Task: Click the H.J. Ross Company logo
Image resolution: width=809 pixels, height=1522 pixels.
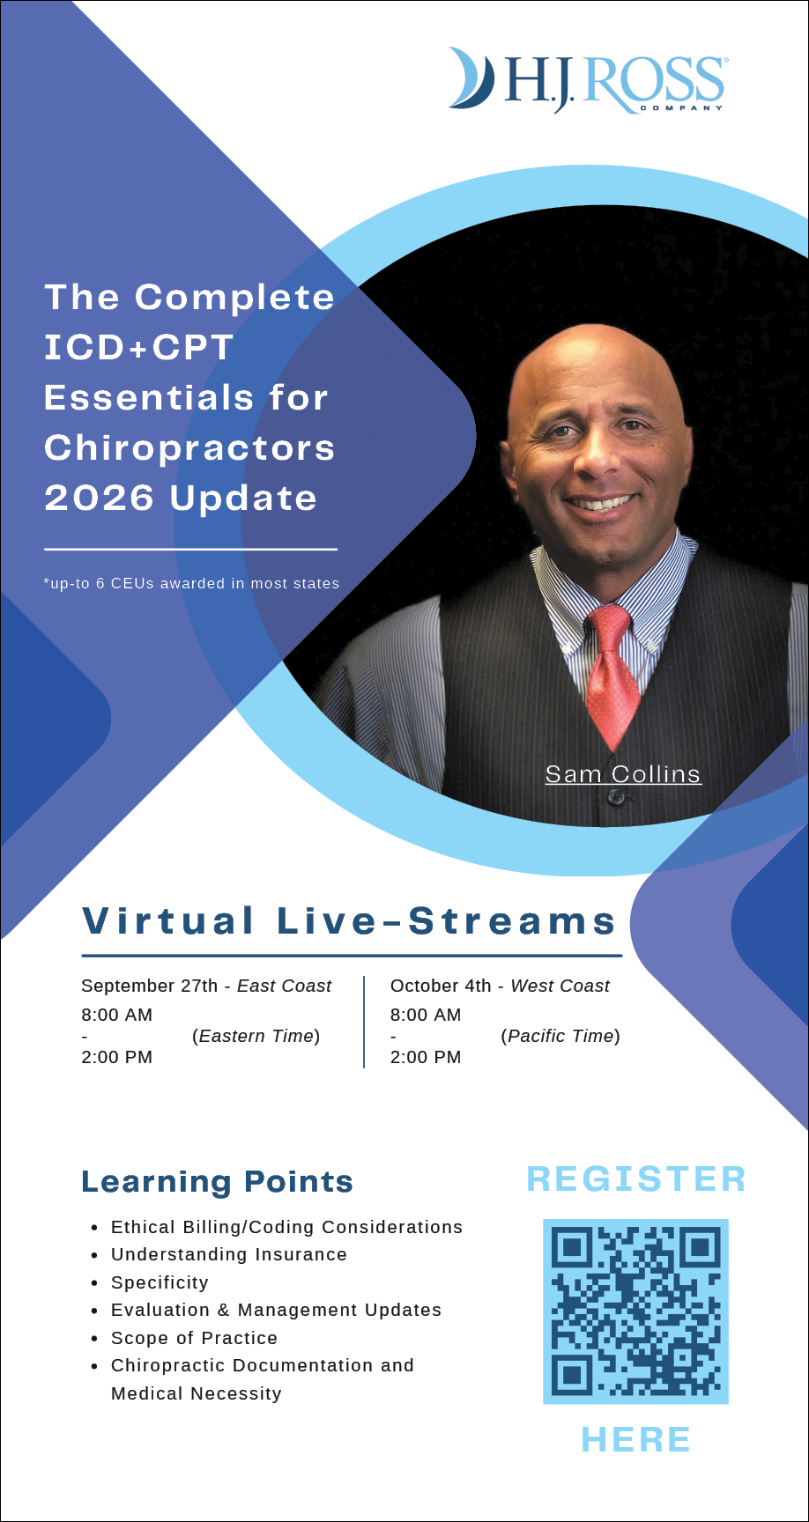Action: point(587,80)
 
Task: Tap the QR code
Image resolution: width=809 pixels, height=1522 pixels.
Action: point(635,1311)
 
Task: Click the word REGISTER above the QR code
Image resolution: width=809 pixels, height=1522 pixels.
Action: point(635,1179)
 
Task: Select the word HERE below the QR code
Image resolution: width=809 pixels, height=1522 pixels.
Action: point(635,1439)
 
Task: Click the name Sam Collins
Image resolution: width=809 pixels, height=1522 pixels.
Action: point(623,773)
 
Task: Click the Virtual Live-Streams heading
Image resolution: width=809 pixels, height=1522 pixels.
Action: point(349,920)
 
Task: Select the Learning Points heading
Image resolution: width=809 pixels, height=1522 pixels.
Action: point(217,1181)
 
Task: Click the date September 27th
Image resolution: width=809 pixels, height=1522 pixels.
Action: point(149,986)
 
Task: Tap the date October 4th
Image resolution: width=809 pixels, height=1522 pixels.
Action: point(441,986)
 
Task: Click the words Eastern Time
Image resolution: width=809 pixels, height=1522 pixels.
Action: point(256,1036)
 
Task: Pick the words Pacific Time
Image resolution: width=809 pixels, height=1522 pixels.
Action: point(560,1036)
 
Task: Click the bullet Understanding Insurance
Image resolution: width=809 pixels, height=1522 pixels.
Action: point(229,1254)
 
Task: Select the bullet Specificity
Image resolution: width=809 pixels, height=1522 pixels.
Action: point(160,1282)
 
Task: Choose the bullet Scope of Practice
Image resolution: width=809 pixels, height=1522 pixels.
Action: point(194,1338)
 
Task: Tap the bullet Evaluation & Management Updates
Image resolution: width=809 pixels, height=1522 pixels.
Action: point(276,1310)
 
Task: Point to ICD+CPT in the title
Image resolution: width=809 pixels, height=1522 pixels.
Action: point(138,347)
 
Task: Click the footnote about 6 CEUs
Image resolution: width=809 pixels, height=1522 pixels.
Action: point(191,583)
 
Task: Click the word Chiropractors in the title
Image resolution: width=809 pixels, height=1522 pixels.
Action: point(189,447)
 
